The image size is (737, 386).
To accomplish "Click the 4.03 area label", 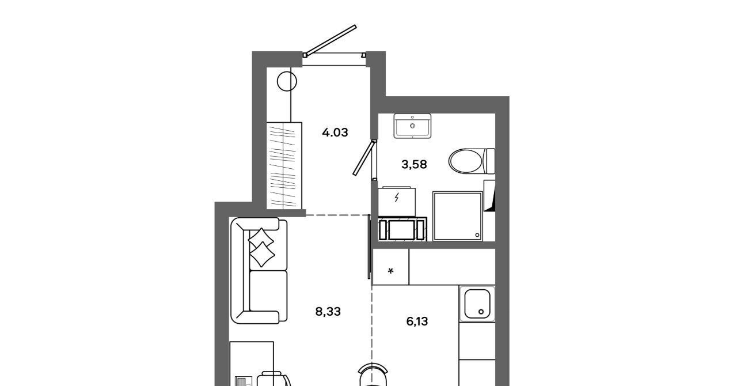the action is click(335, 133).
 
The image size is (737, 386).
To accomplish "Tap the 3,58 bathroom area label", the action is click(414, 164).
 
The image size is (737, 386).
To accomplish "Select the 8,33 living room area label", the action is click(328, 311).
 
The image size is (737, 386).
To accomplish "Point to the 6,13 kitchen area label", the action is click(417, 321).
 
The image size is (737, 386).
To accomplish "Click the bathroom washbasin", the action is click(412, 126).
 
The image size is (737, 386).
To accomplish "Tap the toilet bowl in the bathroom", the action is click(465, 161).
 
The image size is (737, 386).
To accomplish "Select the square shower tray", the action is click(458, 216).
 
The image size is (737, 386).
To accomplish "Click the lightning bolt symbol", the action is click(397, 197).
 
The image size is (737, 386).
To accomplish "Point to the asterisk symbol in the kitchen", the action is click(391, 271).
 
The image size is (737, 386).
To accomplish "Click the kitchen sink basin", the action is click(477, 304).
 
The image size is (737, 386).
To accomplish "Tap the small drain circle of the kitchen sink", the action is click(481, 312).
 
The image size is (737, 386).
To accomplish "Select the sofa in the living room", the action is click(259, 270).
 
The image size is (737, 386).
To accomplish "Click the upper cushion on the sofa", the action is click(261, 238).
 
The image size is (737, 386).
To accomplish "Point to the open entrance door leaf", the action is click(330, 40).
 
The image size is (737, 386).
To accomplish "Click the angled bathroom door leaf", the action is click(364, 157).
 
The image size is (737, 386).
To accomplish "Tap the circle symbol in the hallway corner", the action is click(287, 81).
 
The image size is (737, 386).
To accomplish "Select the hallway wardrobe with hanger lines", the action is click(284, 166).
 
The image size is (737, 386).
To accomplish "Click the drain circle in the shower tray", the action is click(477, 235).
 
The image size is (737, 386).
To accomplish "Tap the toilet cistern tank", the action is click(490, 161).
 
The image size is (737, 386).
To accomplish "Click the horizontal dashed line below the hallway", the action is click(337, 215).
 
